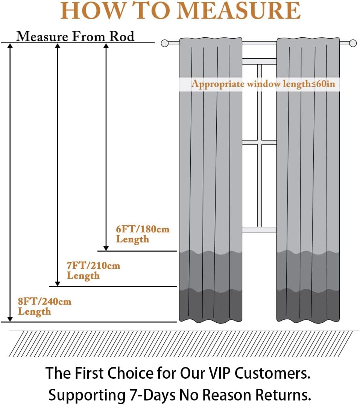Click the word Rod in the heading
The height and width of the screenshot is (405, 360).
pos(122,36)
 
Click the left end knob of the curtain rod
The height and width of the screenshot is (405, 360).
pos(165,43)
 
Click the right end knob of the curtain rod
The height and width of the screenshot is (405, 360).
pos(352,43)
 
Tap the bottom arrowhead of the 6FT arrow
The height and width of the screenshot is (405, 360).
pos(106,248)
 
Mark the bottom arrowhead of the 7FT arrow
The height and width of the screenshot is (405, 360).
pos(58,284)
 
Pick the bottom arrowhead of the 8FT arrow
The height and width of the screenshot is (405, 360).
pos(10,319)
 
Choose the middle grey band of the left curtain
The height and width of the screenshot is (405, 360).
pos(210,271)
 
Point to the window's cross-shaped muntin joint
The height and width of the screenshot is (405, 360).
pos(259,142)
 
